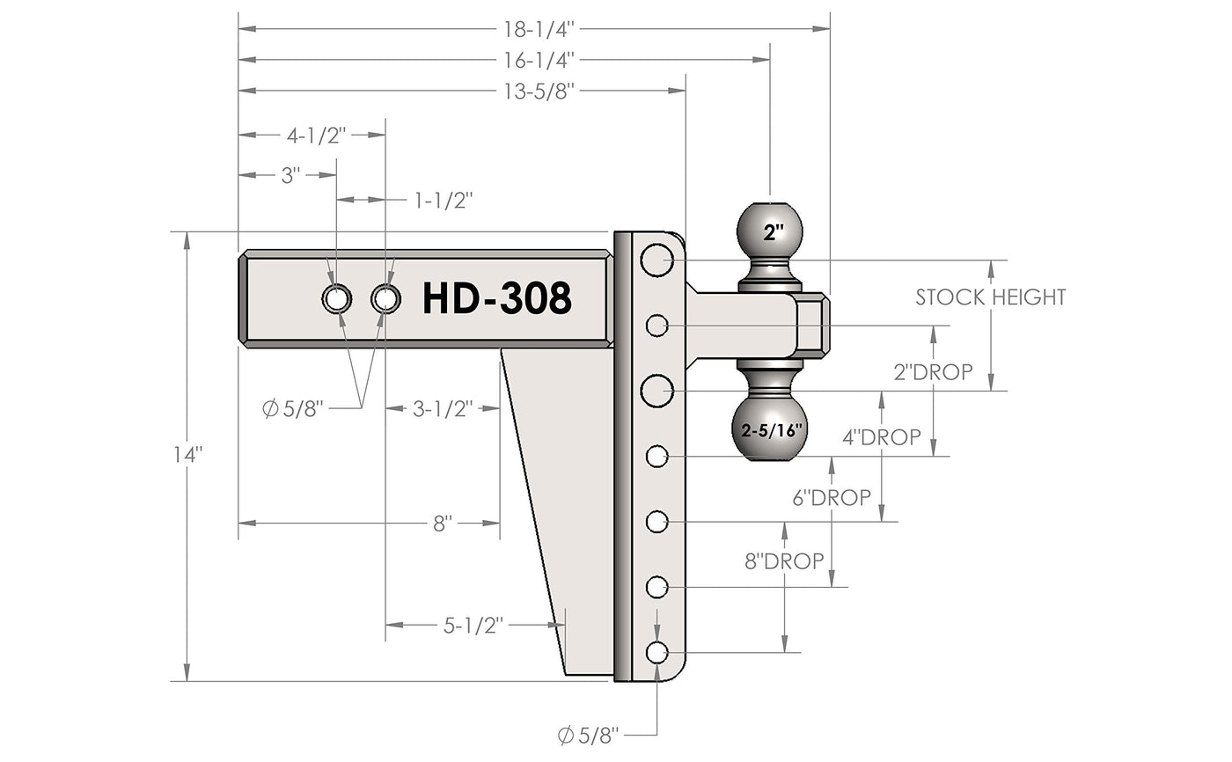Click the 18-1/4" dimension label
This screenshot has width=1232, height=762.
tap(539, 29)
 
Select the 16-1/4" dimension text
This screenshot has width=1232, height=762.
tap(539, 60)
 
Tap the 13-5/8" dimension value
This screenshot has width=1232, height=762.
tap(539, 92)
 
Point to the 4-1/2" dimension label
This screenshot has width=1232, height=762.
tap(316, 136)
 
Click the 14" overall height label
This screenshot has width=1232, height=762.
tap(187, 455)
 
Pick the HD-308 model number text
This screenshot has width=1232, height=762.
tap(496, 298)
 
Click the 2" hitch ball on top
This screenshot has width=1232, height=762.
tap(769, 230)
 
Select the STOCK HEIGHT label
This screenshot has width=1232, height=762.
tap(991, 297)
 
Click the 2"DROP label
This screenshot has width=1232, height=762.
tap(933, 372)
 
